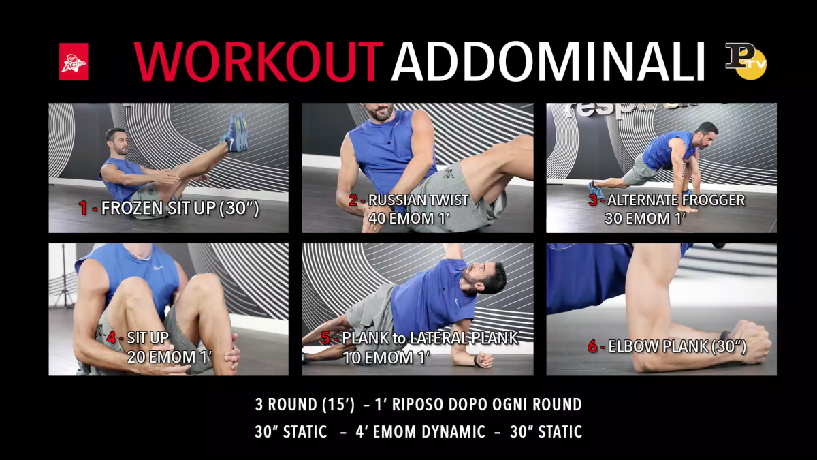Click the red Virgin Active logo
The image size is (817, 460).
click(x=74, y=62)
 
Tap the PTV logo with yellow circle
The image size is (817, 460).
click(x=746, y=61)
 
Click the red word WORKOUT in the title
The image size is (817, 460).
click(x=259, y=62)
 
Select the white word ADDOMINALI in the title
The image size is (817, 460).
click(x=548, y=62)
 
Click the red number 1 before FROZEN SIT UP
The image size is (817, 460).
click(x=83, y=208)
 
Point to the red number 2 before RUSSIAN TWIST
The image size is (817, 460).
click(x=353, y=200)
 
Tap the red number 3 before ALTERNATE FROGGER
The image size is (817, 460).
click(x=593, y=200)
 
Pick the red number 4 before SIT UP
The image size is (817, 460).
click(x=112, y=338)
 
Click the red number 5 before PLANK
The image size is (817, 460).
click(x=325, y=338)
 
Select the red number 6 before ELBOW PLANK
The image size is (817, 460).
click(x=593, y=346)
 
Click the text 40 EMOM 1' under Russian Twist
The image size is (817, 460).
click(x=409, y=219)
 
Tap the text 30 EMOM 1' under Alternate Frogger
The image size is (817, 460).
click(x=645, y=219)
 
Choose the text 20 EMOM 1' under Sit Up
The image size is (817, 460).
click(x=170, y=357)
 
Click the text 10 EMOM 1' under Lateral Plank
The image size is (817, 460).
click(x=387, y=357)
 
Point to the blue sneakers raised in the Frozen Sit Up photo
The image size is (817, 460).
click(x=236, y=133)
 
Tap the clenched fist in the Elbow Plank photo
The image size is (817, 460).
click(x=752, y=341)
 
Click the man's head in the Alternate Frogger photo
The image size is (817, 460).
click(x=707, y=135)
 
